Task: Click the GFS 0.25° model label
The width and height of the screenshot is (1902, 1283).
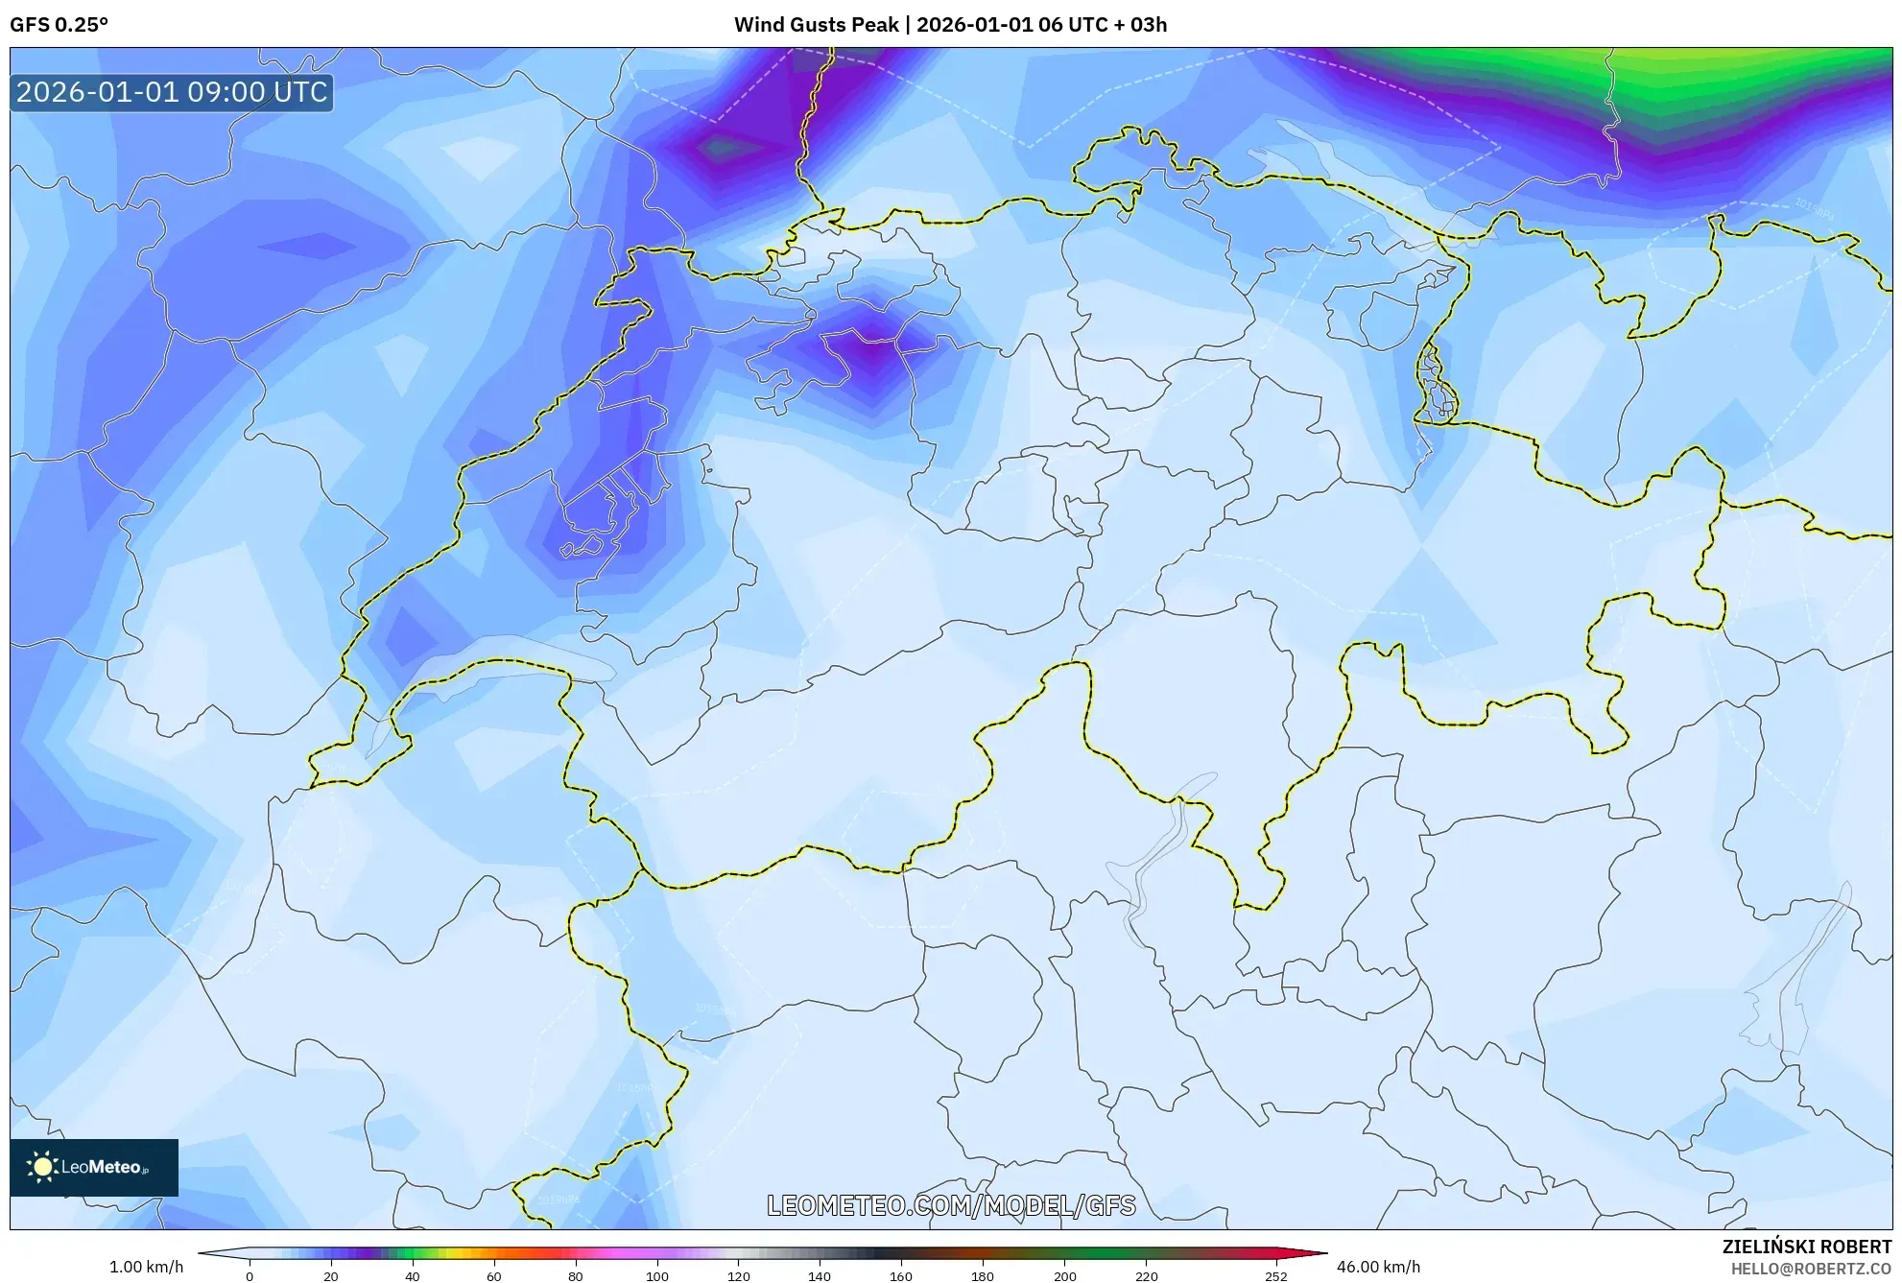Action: pyautogui.click(x=59, y=25)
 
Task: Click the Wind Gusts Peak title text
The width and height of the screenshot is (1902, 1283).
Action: pyautogui.click(x=950, y=25)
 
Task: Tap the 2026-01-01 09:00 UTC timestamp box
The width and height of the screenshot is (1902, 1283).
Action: pyautogui.click(x=172, y=93)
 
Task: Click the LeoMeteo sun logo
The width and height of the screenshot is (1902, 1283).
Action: pyautogui.click(x=42, y=1167)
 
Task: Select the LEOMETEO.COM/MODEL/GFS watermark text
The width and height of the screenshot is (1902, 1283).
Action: pyautogui.click(x=951, y=1205)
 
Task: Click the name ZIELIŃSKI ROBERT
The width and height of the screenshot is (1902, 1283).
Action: pyautogui.click(x=1806, y=1247)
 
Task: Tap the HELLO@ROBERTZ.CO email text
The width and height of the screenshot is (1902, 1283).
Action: pyautogui.click(x=1811, y=1269)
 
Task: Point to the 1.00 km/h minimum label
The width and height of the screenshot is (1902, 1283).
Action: pyautogui.click(x=146, y=1267)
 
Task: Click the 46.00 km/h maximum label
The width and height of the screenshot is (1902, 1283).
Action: pyautogui.click(x=1378, y=1267)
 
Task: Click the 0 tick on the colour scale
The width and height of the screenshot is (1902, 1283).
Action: pyautogui.click(x=250, y=1276)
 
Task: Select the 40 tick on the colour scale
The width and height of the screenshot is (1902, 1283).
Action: pyautogui.click(x=413, y=1276)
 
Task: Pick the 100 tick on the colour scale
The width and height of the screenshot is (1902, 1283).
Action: pyautogui.click(x=657, y=1276)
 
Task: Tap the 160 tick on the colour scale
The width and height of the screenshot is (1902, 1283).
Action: pyautogui.click(x=901, y=1276)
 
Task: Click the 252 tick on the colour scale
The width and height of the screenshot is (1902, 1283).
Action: pyautogui.click(x=1275, y=1276)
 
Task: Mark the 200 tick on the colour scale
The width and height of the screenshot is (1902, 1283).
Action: pyautogui.click(x=1064, y=1276)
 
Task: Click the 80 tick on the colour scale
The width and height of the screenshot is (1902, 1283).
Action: pyautogui.click(x=576, y=1276)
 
